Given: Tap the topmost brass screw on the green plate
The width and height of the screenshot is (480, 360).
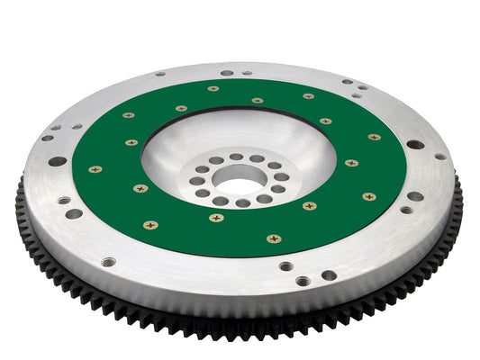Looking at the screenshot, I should (x=213, y=88).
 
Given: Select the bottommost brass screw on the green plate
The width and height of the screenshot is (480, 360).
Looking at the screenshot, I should (x=274, y=238).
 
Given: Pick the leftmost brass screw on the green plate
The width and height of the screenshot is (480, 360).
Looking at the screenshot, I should (x=95, y=168).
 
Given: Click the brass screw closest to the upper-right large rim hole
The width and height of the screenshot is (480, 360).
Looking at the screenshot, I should (x=374, y=137).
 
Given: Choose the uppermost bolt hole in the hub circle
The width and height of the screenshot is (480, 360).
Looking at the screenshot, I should (x=236, y=157).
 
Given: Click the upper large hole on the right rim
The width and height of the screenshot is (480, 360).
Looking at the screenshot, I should (x=414, y=144).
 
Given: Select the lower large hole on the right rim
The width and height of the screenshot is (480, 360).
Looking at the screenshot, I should (x=414, y=196).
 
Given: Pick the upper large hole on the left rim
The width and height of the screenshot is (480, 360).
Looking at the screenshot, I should (x=58, y=161).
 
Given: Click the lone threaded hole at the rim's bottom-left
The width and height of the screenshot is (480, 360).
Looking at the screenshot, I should (x=109, y=262).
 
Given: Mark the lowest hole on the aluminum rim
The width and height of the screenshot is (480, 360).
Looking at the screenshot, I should (x=303, y=281).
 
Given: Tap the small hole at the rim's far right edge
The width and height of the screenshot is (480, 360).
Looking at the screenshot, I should (x=439, y=157).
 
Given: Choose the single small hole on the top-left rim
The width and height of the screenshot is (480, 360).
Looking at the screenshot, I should (x=159, y=74).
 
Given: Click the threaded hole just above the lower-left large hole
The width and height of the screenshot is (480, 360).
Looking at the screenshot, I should (x=64, y=201).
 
